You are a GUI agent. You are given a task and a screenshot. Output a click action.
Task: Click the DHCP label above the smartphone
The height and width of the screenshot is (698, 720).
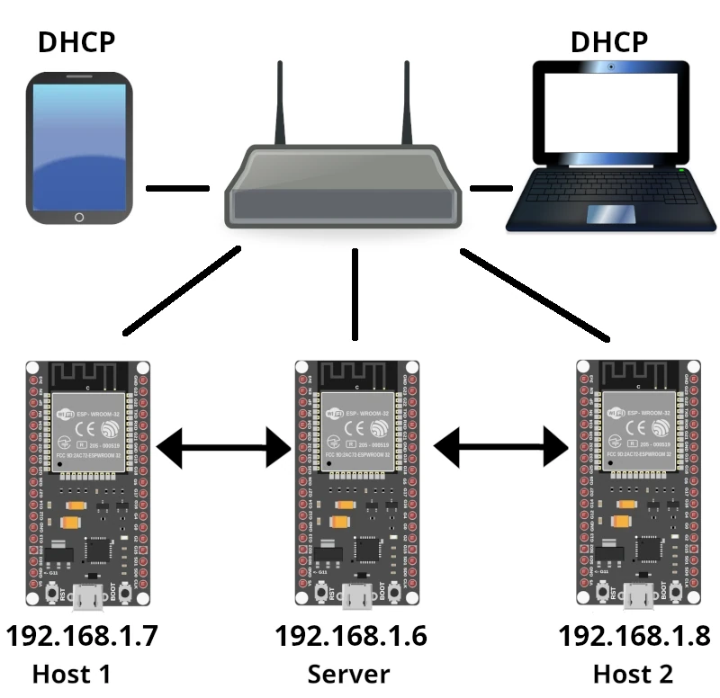(76, 41)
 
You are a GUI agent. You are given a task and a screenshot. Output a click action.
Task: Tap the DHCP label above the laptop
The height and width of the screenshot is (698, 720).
(608, 41)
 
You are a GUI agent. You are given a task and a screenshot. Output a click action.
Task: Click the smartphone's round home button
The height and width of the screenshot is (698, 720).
(79, 217)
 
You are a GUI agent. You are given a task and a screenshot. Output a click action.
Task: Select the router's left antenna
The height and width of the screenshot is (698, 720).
(281, 103)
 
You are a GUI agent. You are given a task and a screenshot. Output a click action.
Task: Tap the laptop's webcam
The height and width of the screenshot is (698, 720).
(611, 67)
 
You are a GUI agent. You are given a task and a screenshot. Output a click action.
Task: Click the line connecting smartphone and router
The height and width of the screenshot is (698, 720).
(177, 189)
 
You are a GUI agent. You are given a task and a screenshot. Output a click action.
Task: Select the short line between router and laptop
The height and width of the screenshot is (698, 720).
(490, 189)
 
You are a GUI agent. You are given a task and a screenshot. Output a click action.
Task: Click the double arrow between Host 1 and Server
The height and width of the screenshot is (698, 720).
(222, 446)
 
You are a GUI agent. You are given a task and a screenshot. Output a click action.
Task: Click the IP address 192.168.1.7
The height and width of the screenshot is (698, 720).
(82, 635)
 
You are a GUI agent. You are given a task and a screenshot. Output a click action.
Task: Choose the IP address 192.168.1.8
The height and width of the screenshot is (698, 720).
(634, 635)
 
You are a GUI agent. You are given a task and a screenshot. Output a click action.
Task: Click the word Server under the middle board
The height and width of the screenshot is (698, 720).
(349, 674)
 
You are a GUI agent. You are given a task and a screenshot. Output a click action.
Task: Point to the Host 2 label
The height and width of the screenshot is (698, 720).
(633, 674)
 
